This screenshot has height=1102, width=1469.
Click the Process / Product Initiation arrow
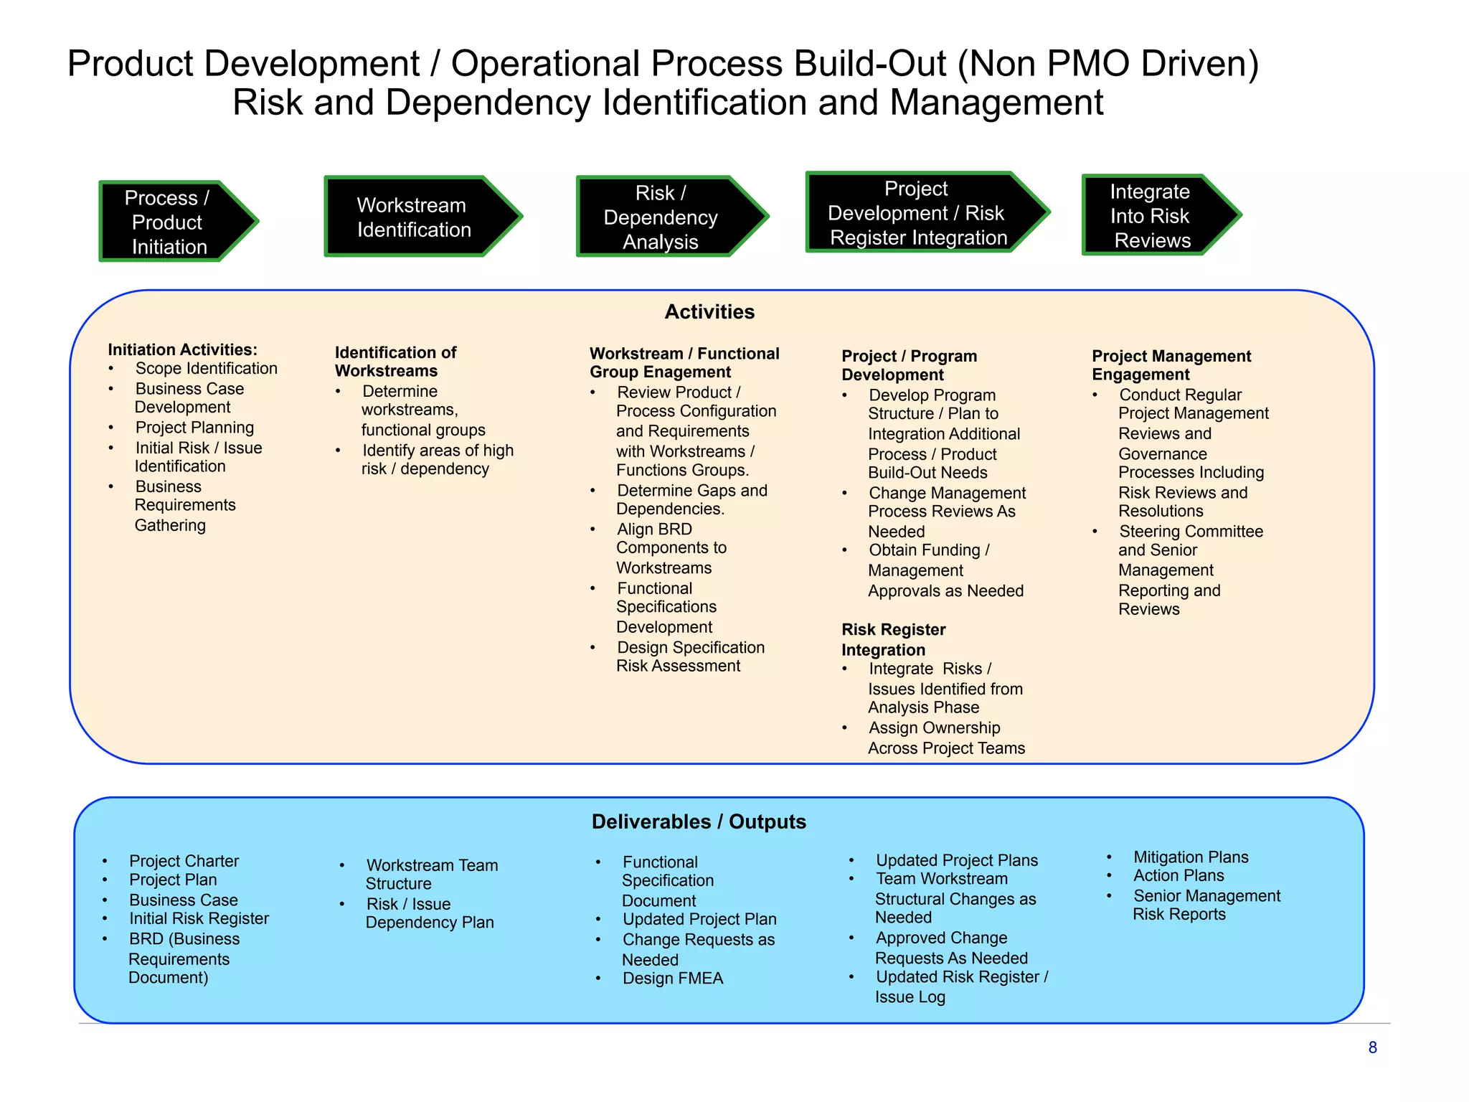(172, 222)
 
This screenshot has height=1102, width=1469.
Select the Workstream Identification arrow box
(416, 217)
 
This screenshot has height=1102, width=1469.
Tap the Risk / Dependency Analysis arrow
(663, 217)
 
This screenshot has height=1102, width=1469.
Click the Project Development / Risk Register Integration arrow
(918, 213)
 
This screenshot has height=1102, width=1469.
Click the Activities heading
(709, 312)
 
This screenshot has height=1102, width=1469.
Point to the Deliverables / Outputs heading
(699, 822)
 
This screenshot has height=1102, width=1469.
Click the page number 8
(1372, 1048)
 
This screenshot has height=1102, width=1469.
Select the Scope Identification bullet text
(206, 369)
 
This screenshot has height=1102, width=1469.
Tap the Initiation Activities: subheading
(182, 350)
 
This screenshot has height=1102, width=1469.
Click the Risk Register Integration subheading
(893, 640)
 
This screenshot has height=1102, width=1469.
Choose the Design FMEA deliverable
(672, 979)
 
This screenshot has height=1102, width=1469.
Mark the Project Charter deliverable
(184, 861)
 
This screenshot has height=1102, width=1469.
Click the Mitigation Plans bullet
(1190, 857)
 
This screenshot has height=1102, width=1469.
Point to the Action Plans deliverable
(1178, 876)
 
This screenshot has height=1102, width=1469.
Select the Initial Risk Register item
(199, 919)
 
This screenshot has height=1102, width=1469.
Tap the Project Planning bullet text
(194, 428)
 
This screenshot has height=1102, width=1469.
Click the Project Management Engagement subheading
(1171, 366)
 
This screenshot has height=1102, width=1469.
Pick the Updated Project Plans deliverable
(956, 860)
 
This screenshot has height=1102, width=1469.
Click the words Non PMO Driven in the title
(1108, 65)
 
